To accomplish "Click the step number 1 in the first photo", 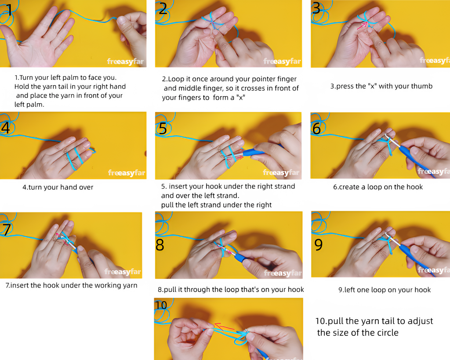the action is [10, 11].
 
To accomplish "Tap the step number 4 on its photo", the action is [5, 128].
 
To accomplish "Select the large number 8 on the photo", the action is [160, 245].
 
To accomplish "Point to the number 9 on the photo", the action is [319, 244].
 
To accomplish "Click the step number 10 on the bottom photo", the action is [161, 305].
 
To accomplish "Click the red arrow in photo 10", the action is [225, 327].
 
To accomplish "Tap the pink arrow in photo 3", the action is [362, 26].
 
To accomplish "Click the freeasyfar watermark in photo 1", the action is [125, 61].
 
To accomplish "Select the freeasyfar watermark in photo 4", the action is [127, 173].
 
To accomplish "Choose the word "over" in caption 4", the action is [86, 187].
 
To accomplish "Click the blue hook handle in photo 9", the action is [413, 254].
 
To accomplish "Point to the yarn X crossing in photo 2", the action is [213, 22].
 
